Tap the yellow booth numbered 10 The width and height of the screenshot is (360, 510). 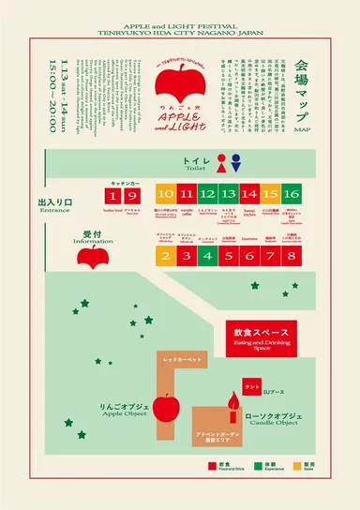coord(165,194)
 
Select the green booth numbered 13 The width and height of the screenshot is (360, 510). coord(228,194)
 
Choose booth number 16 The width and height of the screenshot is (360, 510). coord(292,194)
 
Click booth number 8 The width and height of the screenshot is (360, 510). coord(292,256)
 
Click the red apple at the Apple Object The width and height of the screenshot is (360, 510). coord(166,406)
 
